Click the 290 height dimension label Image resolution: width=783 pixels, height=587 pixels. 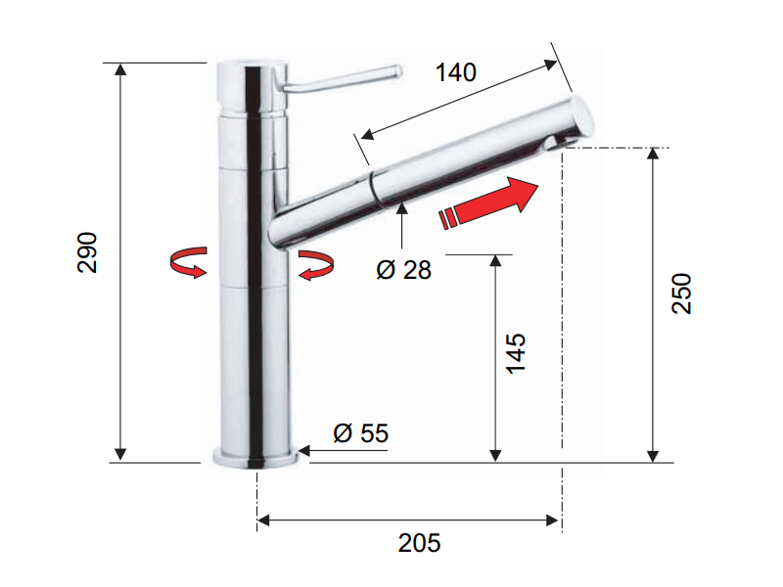(87, 252)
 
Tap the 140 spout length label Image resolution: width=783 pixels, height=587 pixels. (455, 72)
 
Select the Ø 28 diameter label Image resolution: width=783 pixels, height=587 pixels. (403, 270)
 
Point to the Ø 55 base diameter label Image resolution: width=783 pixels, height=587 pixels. (360, 432)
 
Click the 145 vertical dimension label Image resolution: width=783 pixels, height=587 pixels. (516, 354)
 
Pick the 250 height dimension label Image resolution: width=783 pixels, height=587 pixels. (681, 293)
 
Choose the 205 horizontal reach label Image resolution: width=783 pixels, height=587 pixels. (420, 543)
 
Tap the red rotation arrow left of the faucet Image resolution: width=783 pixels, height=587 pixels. (188, 261)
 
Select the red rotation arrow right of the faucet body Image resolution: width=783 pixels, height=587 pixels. (316, 265)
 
